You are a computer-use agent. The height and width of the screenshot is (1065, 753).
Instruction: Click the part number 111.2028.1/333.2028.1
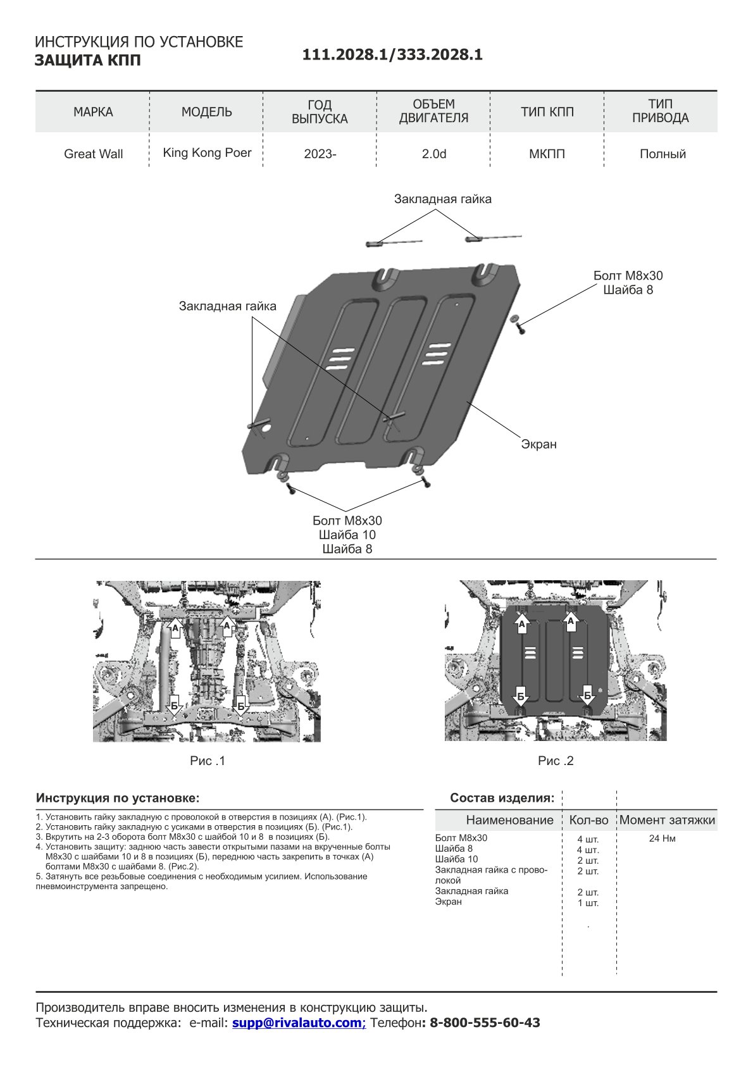tap(392, 55)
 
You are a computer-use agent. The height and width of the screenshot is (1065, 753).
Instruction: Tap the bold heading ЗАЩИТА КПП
tap(87, 61)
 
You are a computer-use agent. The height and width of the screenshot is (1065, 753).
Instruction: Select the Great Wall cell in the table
tap(93, 154)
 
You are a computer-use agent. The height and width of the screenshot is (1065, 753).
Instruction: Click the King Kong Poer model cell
tap(207, 153)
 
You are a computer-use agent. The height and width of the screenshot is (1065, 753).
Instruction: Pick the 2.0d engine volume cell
tap(434, 154)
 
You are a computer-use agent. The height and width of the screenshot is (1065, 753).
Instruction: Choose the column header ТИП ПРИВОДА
tap(660, 111)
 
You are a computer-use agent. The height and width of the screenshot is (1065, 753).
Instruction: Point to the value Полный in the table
tap(663, 154)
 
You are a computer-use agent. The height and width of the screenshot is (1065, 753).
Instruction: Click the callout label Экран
tap(538, 444)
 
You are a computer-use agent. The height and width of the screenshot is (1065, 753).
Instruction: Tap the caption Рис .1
tap(208, 761)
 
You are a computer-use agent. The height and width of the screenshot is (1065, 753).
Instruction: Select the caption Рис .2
tap(556, 761)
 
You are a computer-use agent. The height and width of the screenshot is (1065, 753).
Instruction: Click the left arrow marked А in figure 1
tap(176, 628)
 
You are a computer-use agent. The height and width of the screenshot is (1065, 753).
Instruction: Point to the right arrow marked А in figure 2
tap(571, 621)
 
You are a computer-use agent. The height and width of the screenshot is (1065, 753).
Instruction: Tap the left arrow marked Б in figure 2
tap(520, 696)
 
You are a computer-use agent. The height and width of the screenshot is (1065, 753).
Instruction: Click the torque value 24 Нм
tap(662, 838)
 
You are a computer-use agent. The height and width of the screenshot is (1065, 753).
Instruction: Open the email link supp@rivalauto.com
tap(299, 1023)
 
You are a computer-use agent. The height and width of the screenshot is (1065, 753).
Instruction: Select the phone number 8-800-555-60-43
tap(485, 1023)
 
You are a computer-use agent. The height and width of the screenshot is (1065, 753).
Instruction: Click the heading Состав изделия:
tap(502, 798)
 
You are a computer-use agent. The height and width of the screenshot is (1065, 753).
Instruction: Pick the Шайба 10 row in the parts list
tap(456, 859)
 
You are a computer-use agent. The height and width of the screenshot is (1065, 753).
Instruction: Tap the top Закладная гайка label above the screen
tap(442, 199)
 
